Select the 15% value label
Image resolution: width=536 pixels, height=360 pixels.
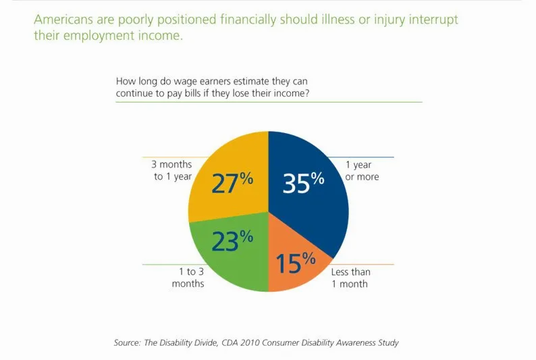coord(296,263)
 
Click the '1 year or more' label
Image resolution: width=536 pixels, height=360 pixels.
coord(362,171)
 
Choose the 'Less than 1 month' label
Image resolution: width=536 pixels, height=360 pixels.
coord(350,278)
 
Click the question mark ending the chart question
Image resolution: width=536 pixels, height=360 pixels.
coord(308,93)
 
